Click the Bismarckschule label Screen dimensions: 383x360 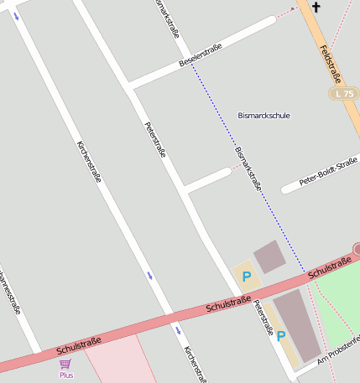[263, 115]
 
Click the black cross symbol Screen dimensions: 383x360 [316, 8]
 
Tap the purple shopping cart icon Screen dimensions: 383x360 [65, 364]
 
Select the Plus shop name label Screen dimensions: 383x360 [66, 375]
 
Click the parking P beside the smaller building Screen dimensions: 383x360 [247, 276]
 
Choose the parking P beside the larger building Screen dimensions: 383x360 [281, 336]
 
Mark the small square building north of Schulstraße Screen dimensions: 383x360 [270, 256]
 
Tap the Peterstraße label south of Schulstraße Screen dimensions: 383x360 [263, 318]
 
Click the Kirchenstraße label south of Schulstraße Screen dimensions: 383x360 [194, 364]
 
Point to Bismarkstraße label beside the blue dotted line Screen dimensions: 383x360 [248, 168]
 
